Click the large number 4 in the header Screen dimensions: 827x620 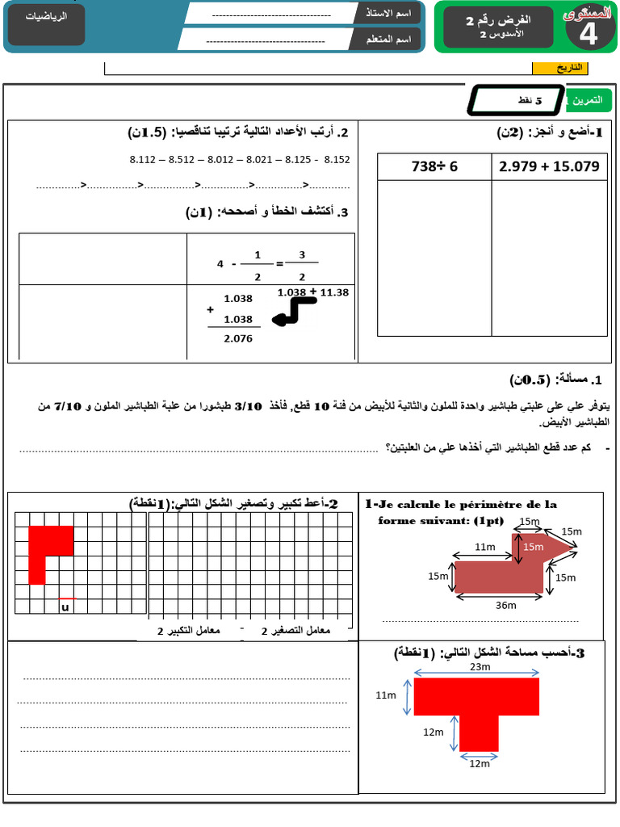[x=589, y=34]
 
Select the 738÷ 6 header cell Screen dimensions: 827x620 [x=434, y=166]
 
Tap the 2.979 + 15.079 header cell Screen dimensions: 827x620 [x=549, y=166]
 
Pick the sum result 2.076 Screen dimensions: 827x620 [x=238, y=338]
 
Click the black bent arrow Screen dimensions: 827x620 [x=295, y=312]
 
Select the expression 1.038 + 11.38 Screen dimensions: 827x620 [x=312, y=292]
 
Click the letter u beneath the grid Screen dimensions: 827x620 [x=65, y=607]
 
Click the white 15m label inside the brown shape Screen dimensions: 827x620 [x=533, y=547]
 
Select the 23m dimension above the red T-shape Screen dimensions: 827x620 [x=480, y=667]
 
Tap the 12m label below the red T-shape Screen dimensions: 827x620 [x=480, y=763]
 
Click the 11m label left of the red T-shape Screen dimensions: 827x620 [x=386, y=695]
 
